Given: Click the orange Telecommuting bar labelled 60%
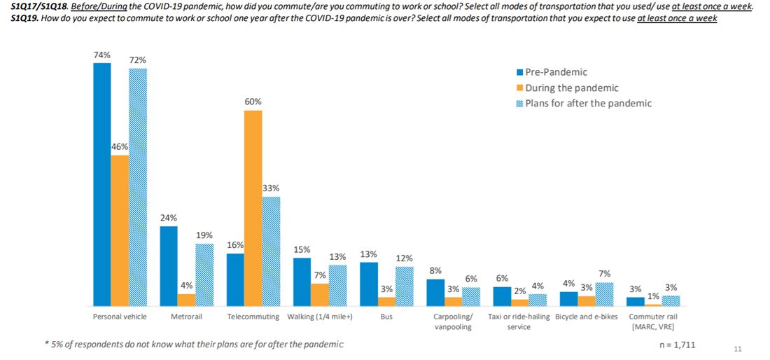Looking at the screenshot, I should pyautogui.click(x=253, y=208).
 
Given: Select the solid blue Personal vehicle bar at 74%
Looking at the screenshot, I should pyautogui.click(x=102, y=184).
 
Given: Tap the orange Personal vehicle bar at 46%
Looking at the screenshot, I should pyautogui.click(x=120, y=230).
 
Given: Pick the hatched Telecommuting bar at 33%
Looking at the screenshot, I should pyautogui.click(x=271, y=251).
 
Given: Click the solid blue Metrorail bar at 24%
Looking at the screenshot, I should pyautogui.click(x=169, y=266).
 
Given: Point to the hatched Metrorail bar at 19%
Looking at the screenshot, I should pyautogui.click(x=204, y=275).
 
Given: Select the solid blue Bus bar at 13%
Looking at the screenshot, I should pyautogui.click(x=369, y=284).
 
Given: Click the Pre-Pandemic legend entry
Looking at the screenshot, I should pyautogui.click(x=555, y=72).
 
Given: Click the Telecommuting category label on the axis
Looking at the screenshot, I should pyautogui.click(x=253, y=317).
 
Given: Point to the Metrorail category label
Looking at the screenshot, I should pyautogui.click(x=186, y=317).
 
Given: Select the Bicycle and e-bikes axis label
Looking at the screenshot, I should pyautogui.click(x=586, y=317).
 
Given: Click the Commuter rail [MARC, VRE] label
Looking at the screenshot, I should pyautogui.click(x=653, y=321).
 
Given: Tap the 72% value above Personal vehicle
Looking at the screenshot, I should pyautogui.click(x=137, y=60).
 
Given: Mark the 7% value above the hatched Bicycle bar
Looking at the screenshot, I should pyautogui.click(x=604, y=274).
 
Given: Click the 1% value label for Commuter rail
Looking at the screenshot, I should pyautogui.click(x=652, y=296).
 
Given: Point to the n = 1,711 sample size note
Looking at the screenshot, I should pyautogui.click(x=676, y=345).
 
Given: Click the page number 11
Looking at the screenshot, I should pyautogui.click(x=737, y=348).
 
